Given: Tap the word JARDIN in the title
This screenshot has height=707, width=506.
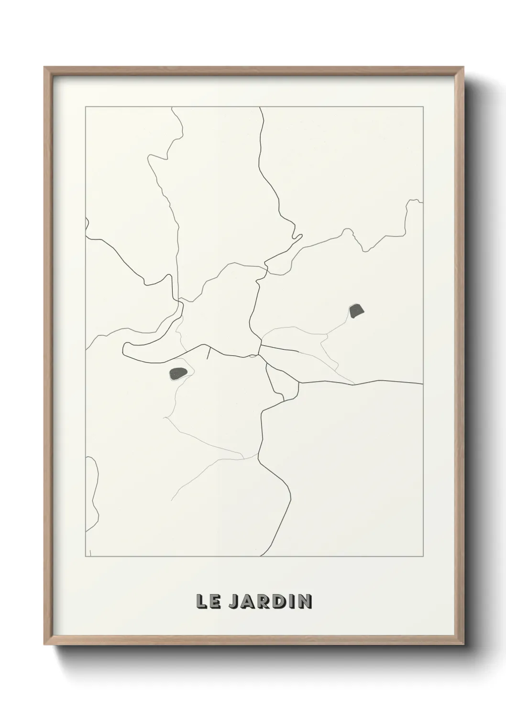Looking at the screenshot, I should coord(270,601).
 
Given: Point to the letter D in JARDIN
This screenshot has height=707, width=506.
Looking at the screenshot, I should coord(279,601).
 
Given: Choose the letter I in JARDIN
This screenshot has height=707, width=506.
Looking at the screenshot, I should coord(291,601).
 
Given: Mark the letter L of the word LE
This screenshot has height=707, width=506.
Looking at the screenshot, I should coord(201,601).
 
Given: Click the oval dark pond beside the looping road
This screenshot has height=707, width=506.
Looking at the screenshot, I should coord(178,373).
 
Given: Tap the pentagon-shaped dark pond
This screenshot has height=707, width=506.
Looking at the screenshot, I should coord(357,311).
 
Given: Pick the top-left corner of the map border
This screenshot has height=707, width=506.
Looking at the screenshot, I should coord(86,107).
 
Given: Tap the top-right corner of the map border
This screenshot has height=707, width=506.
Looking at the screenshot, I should coord(423,107).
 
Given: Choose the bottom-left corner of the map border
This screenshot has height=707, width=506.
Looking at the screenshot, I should coord(86,557).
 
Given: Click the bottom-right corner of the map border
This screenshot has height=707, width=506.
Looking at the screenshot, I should coord(423,557).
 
